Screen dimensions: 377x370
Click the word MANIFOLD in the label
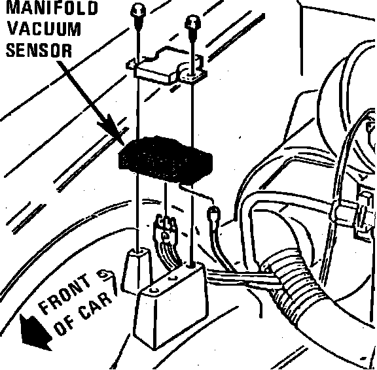(52, 7)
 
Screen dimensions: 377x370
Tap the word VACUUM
(44, 29)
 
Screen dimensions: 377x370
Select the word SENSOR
(39, 50)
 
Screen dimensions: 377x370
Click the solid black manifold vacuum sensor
(166, 160)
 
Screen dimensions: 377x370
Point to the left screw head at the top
(138, 10)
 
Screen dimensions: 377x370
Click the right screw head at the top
(192, 23)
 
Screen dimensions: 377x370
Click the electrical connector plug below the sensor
(166, 228)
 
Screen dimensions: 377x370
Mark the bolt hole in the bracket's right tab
(192, 76)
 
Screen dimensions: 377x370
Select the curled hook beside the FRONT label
(106, 275)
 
